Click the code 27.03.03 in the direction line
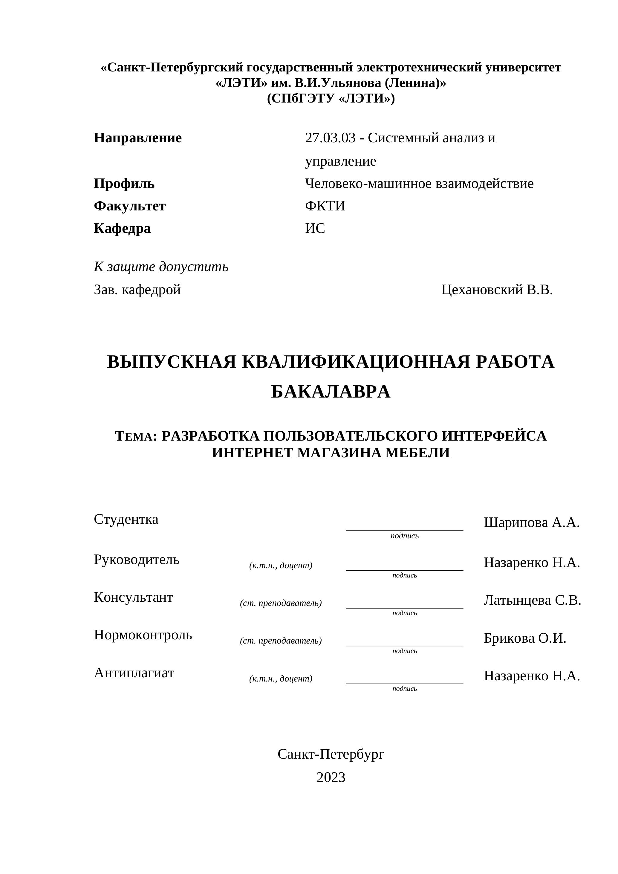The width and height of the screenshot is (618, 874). tap(330, 138)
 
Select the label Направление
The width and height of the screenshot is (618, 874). tap(138, 138)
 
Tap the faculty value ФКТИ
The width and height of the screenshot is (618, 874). tap(325, 206)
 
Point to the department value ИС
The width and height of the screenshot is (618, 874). tap(315, 228)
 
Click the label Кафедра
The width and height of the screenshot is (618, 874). tap(122, 228)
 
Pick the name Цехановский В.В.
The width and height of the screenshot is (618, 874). tap(497, 290)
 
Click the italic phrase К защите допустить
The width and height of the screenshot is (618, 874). tap(161, 267)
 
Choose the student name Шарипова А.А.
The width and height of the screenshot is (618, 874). tap(532, 523)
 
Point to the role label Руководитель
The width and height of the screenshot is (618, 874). tap(137, 560)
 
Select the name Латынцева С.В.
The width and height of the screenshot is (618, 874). tap(532, 600)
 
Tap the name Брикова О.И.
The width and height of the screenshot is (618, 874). tap(525, 638)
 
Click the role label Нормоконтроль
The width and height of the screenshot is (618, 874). tap(143, 635)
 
